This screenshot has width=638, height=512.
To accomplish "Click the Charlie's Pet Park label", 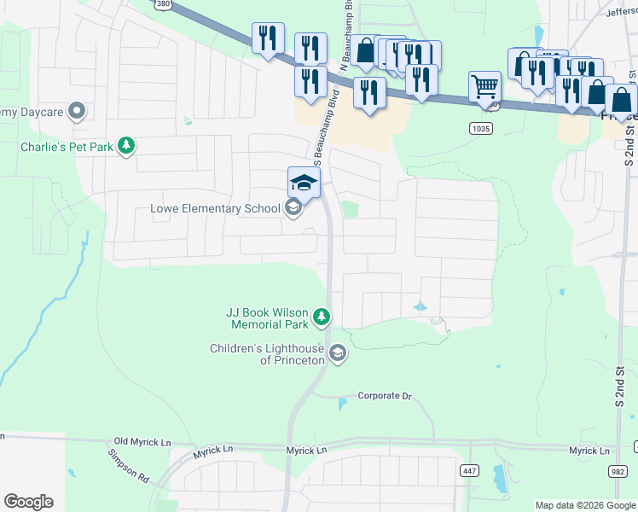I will [x=67, y=147].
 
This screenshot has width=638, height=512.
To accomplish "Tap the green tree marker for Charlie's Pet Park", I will [x=126, y=146].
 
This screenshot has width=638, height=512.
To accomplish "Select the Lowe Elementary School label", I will [x=215, y=208].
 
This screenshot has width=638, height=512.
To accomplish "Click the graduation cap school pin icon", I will [x=304, y=183].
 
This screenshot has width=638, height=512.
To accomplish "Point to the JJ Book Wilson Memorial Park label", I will [x=266, y=318].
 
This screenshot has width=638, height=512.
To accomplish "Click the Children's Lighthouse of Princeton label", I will [x=268, y=354].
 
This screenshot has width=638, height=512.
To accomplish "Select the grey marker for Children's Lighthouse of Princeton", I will [x=338, y=353].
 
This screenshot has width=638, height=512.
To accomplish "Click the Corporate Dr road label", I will [x=384, y=396].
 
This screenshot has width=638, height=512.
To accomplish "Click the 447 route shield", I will [x=468, y=470].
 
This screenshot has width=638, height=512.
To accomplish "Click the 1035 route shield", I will [x=480, y=128].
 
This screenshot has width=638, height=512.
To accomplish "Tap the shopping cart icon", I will [x=484, y=86].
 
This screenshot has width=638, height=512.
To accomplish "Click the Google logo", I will [x=28, y=502].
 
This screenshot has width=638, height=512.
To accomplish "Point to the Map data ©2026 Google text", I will [x=584, y=505].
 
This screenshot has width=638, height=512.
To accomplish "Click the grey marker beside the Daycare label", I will [x=77, y=111].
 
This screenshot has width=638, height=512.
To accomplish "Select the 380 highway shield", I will [x=162, y=4].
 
